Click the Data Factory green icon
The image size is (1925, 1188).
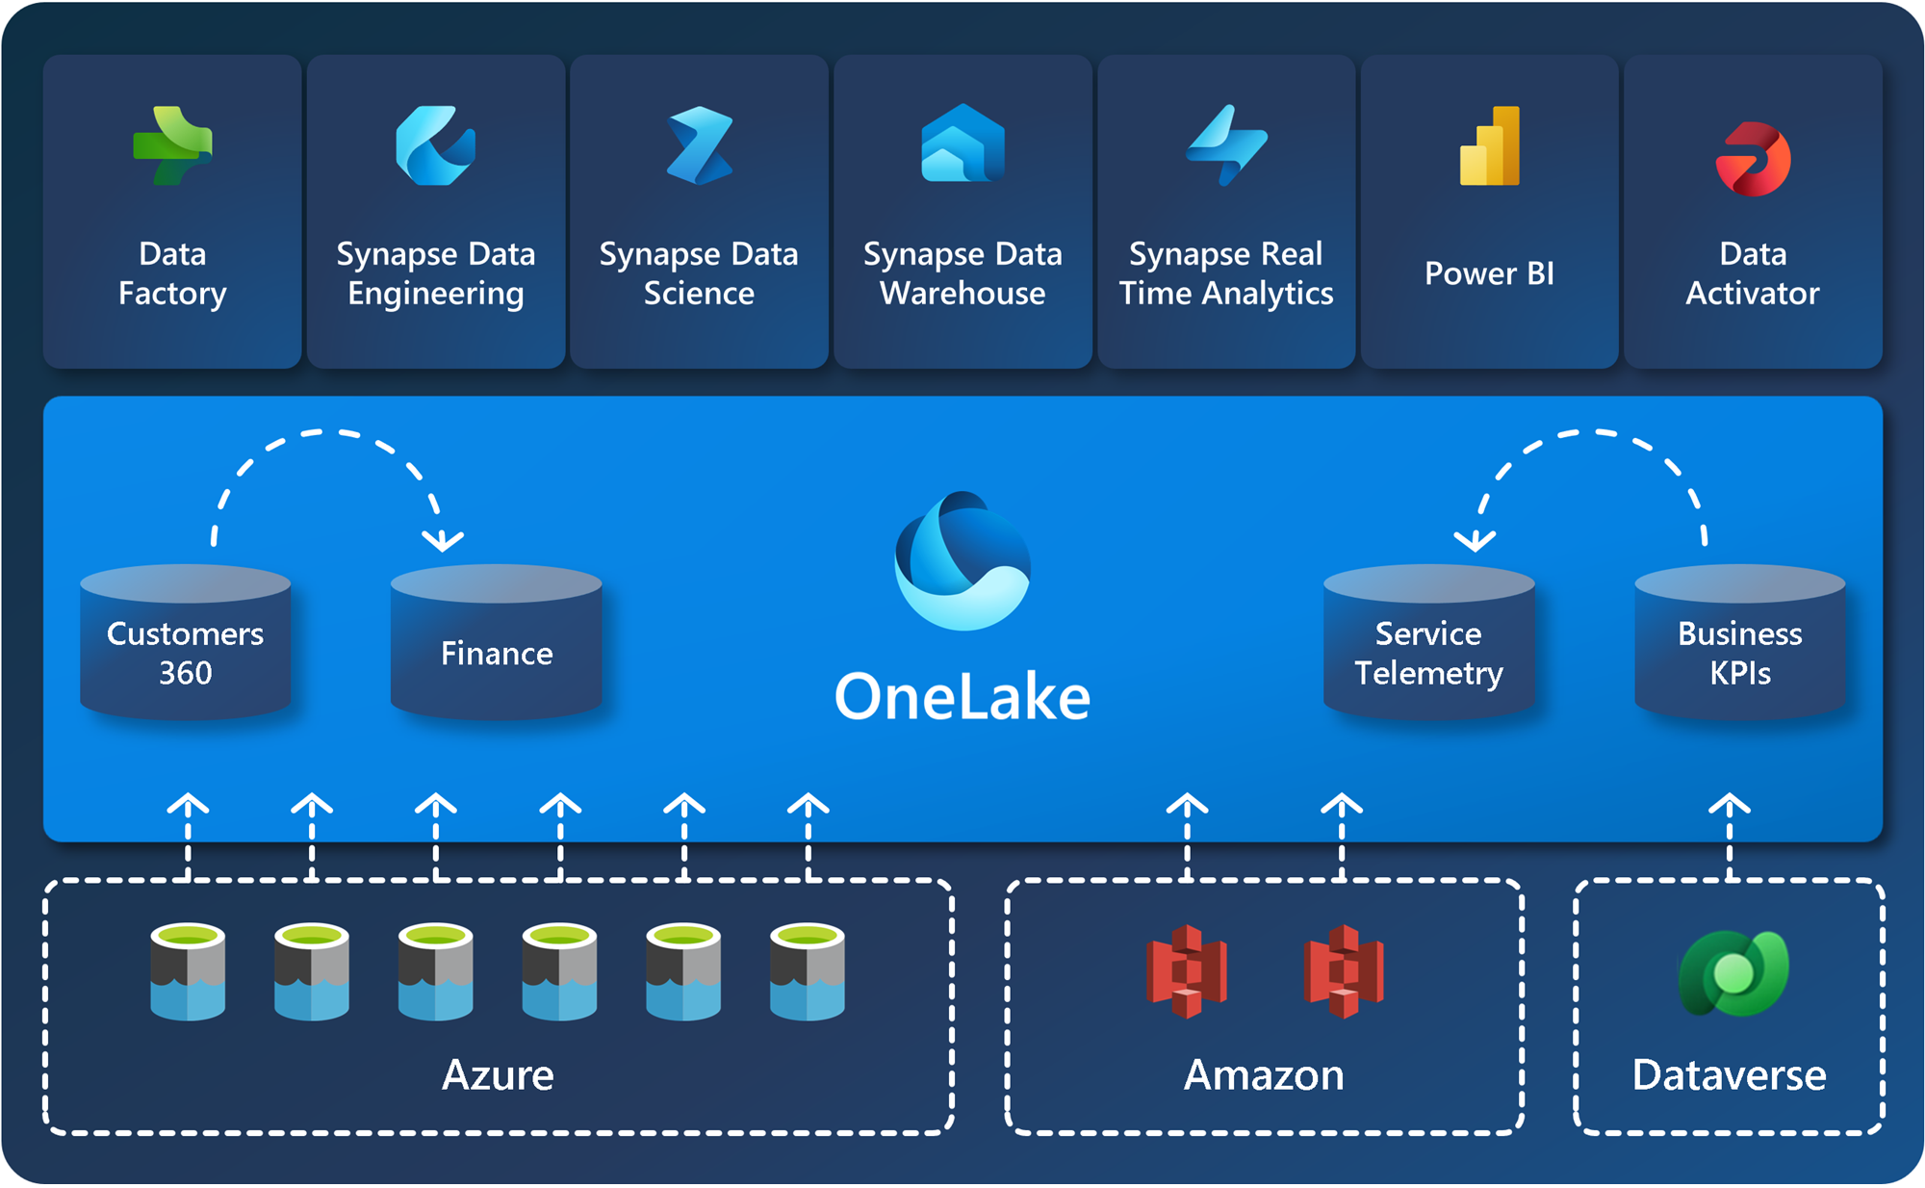pos(172,145)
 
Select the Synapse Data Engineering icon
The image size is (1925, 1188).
pos(435,145)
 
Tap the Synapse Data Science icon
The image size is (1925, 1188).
pos(700,145)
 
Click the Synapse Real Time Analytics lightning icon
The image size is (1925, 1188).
pos(1226,145)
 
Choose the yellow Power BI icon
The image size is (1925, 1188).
pos(1490,145)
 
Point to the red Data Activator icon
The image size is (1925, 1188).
pos(1753,159)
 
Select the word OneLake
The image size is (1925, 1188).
pos(962,697)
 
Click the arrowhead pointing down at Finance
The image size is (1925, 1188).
pos(443,540)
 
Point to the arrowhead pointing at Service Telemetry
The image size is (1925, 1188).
pos(1475,540)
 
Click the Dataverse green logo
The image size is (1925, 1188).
pos(1732,973)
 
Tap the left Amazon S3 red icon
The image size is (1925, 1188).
pos(1187,971)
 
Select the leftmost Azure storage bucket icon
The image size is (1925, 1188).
pos(188,971)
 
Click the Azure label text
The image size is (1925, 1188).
pos(498,1074)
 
